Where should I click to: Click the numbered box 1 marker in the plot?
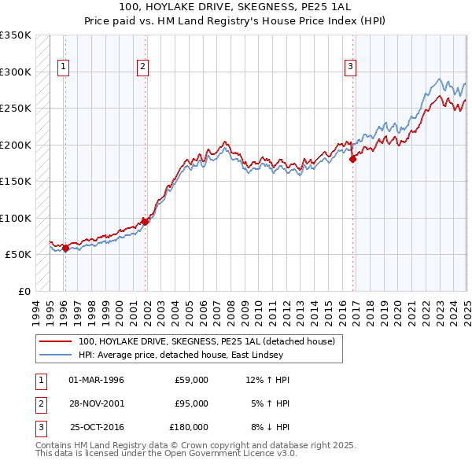click(62, 67)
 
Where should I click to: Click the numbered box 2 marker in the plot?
click(142, 67)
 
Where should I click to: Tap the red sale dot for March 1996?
click(65, 249)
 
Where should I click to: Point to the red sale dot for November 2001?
click(146, 222)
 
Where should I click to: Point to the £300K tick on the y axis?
click(16, 72)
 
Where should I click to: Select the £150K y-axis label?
click(16, 181)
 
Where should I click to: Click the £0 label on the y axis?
click(23, 291)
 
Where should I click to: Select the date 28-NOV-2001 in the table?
click(97, 403)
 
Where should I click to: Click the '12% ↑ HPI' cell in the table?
click(268, 380)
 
